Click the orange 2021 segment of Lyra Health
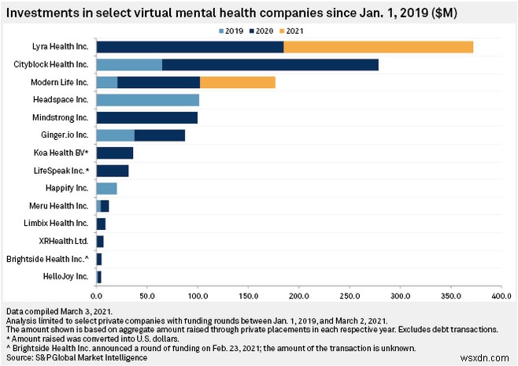click(x=378, y=46)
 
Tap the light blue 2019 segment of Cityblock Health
click(x=129, y=65)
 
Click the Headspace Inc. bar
click(x=147, y=100)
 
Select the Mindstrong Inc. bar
click(x=146, y=118)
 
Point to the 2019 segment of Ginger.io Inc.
click(x=115, y=135)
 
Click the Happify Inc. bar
click(x=106, y=188)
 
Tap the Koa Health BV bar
click(x=114, y=153)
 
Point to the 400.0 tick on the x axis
click(x=501, y=296)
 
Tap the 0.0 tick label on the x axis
click(x=97, y=296)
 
